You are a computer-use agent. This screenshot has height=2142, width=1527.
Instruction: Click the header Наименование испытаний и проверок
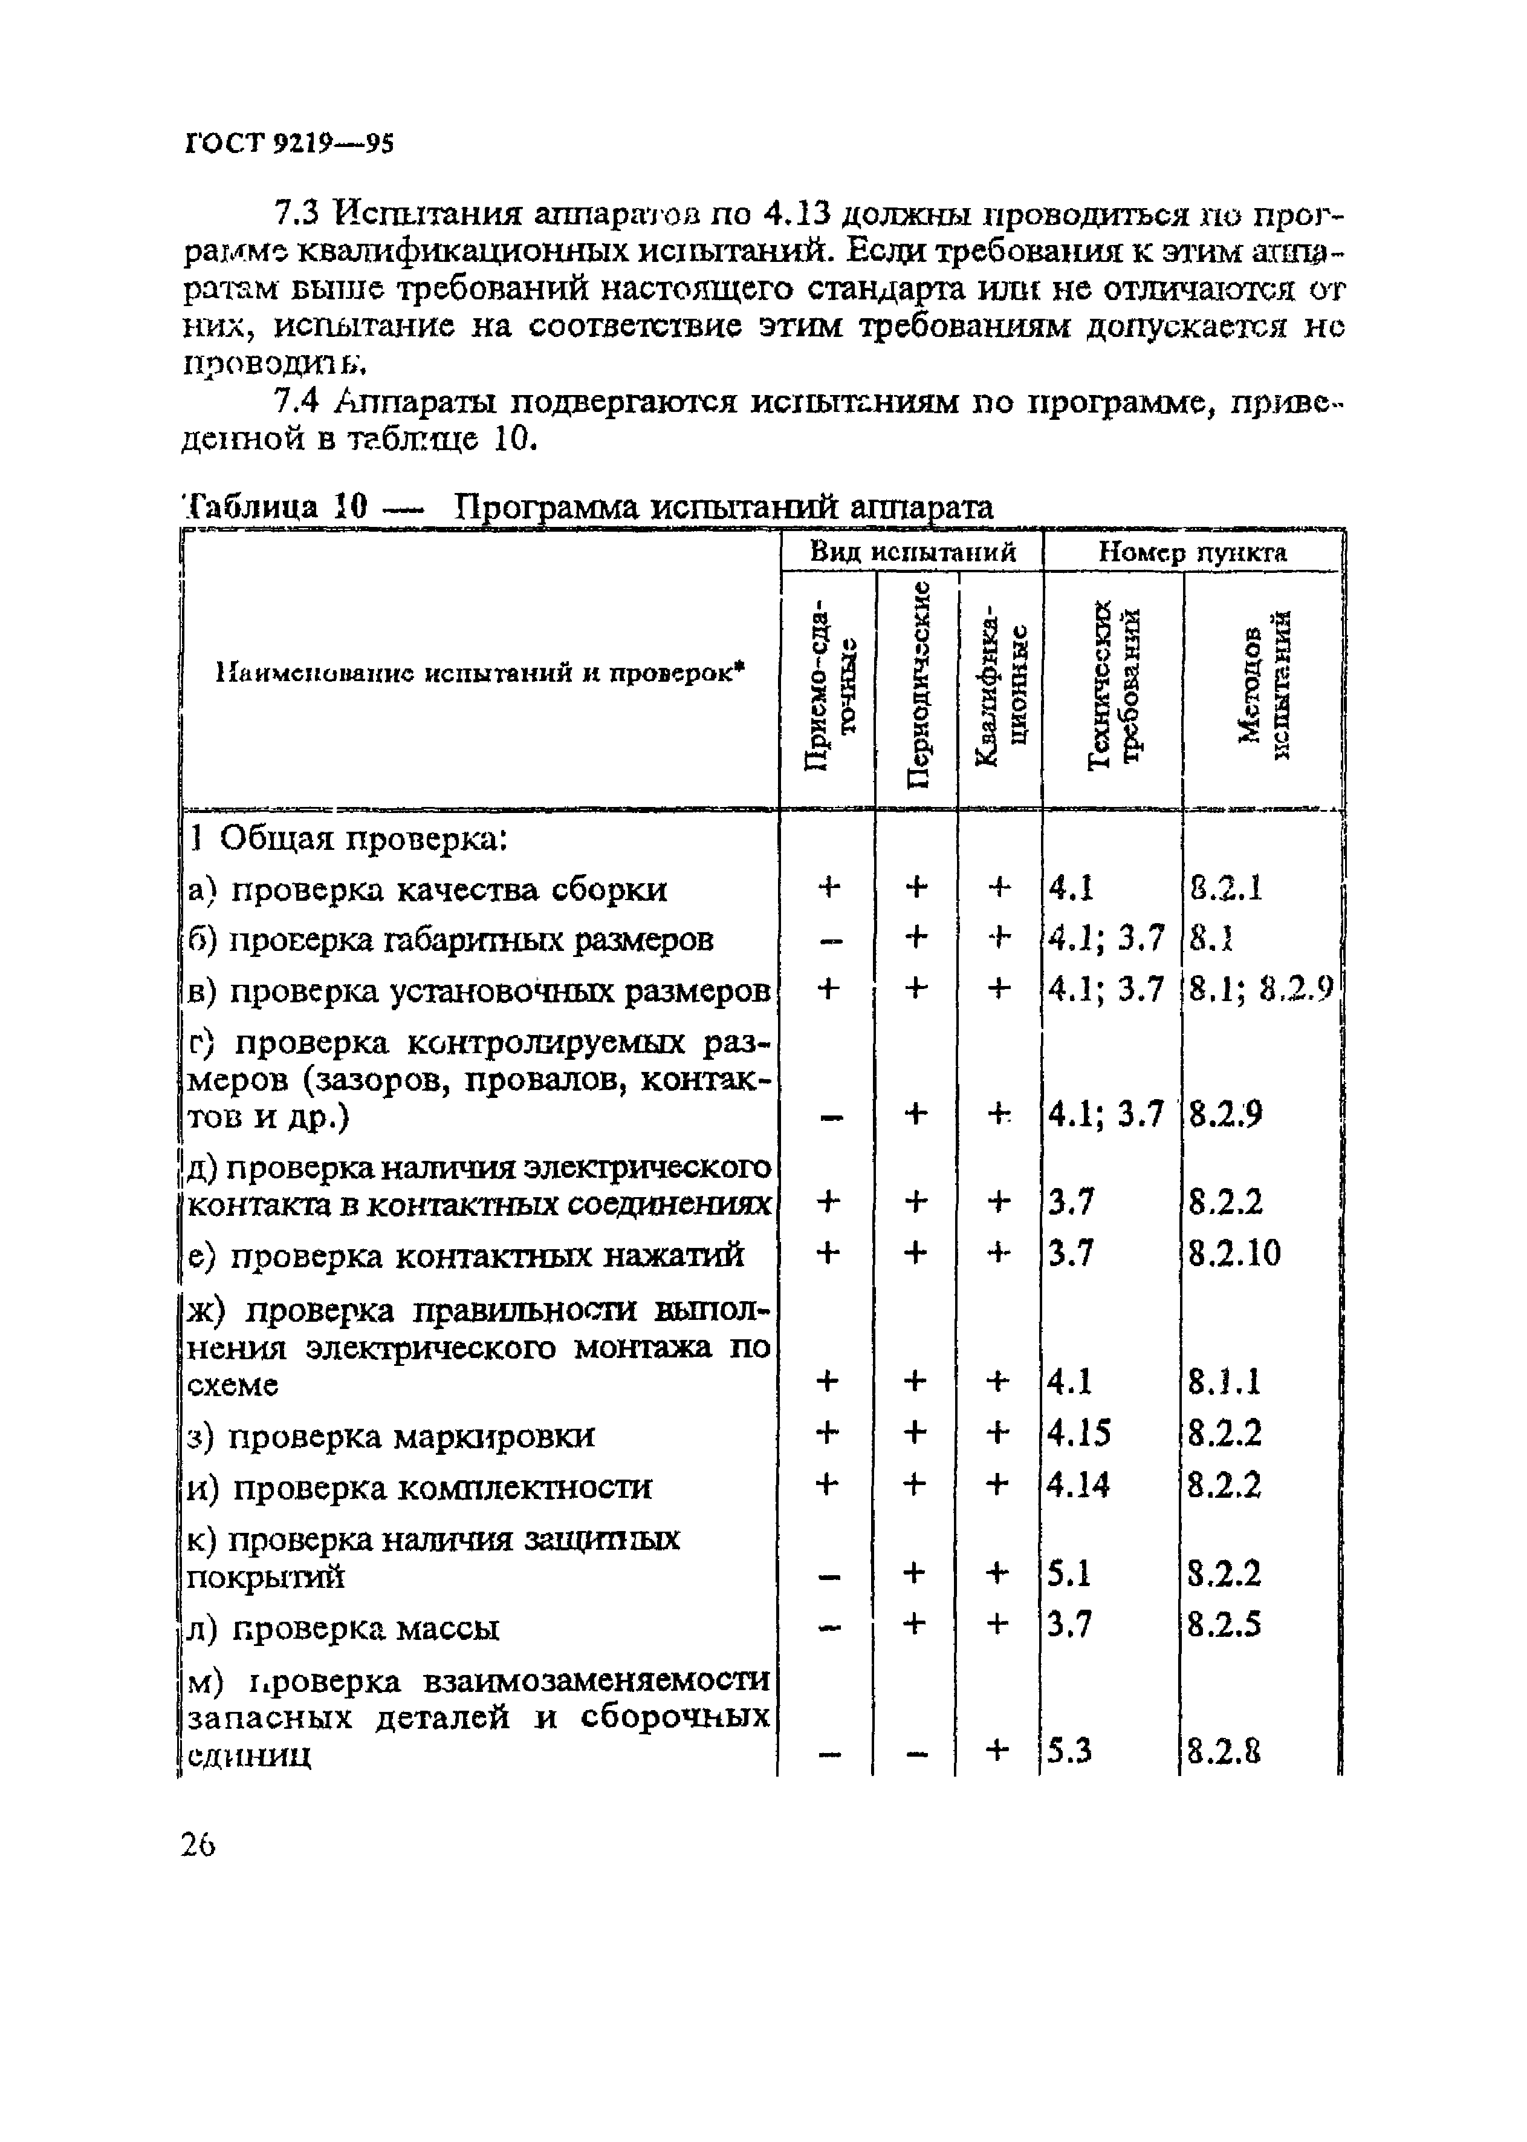pyautogui.click(x=479, y=673)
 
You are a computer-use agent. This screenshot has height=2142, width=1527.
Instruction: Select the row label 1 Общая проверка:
pyautogui.click(x=349, y=838)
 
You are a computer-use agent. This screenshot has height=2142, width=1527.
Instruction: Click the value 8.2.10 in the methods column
pyautogui.click(x=1234, y=1254)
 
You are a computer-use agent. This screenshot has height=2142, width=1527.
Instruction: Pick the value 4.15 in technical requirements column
pyautogui.click(x=1078, y=1434)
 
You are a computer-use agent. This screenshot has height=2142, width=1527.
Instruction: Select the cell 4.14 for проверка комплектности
pyautogui.click(x=1078, y=1484)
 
